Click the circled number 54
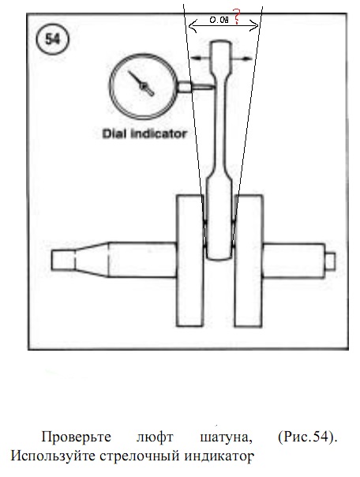pyautogui.click(x=53, y=39)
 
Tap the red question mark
pyautogui.click(x=236, y=17)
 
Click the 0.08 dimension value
pyautogui.click(x=219, y=20)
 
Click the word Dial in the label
pyautogui.click(x=114, y=133)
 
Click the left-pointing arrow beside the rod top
pyautogui.click(x=200, y=58)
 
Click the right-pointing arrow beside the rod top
pyautogui.click(x=242, y=58)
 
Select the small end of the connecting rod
pyautogui.click(x=221, y=55)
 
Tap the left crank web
pyautogui.click(x=189, y=261)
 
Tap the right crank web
pyautogui.click(x=248, y=261)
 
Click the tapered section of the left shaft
pyautogui.click(x=92, y=260)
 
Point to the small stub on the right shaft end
pyautogui.click(x=330, y=261)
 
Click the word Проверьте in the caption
pyautogui.click(x=76, y=438)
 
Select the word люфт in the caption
pyautogui.click(x=155, y=438)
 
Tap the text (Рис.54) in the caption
pyautogui.click(x=308, y=438)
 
